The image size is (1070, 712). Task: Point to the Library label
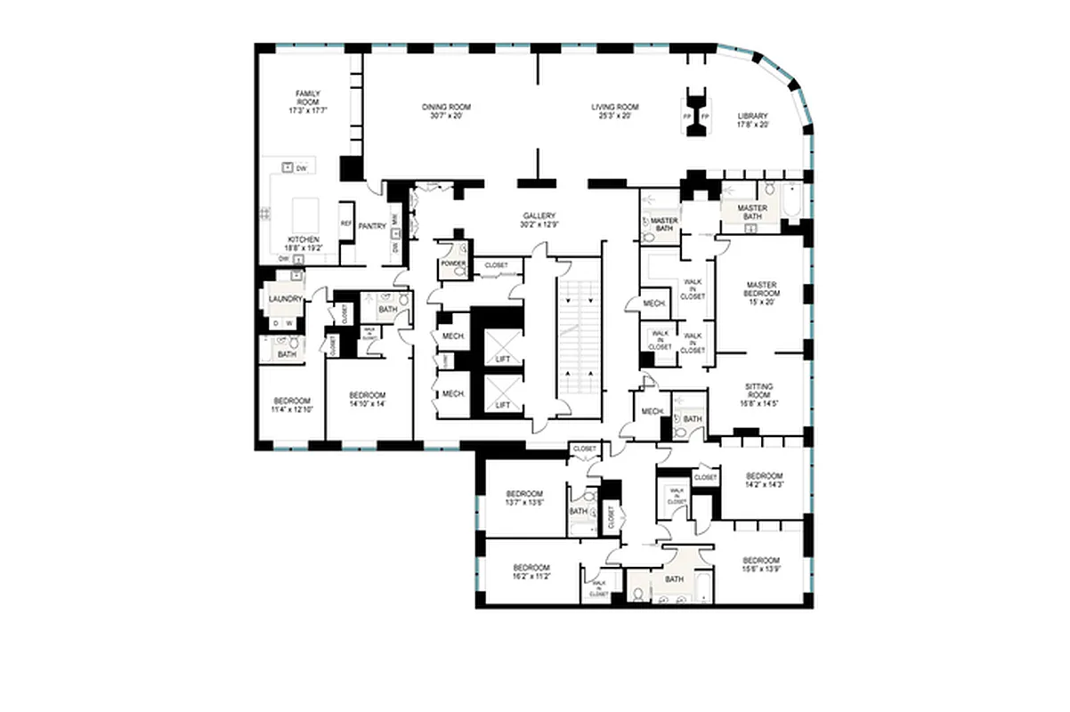752,120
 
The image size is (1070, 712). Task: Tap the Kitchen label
304,243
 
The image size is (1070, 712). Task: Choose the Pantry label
371,226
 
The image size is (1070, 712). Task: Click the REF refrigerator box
345,224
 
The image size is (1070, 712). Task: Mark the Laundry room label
285,299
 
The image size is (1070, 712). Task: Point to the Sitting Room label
759,394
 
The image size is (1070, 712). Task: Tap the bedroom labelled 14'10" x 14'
367,400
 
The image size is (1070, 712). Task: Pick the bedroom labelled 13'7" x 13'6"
524,498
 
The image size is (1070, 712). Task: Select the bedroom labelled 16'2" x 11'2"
531,571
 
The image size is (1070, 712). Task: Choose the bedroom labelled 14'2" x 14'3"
763,480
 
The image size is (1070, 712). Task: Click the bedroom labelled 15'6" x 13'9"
761,563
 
